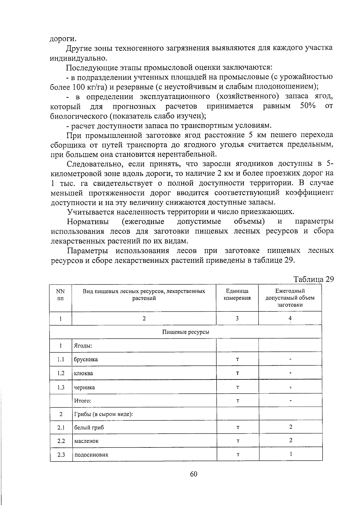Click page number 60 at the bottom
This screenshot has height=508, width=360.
(193, 474)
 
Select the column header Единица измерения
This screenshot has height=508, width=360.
(237, 294)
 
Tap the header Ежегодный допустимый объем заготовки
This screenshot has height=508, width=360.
(290, 298)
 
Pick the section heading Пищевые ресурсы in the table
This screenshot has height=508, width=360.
(186, 332)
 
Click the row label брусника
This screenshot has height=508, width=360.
(86, 359)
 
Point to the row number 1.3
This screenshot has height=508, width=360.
(61, 387)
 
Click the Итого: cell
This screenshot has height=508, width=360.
(83, 401)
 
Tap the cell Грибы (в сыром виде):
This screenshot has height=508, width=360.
(103, 414)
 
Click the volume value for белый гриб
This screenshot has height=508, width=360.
(290, 427)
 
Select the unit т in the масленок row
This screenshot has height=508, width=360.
(238, 441)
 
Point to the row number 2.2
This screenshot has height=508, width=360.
(61, 441)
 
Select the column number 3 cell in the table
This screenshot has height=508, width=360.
(237, 319)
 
